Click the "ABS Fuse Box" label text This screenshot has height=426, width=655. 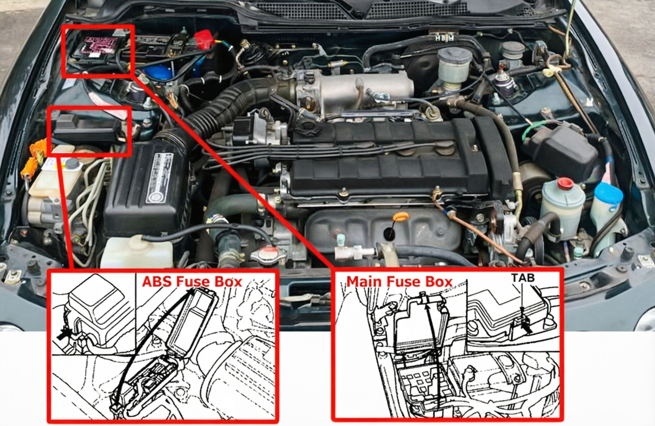(x=191, y=282)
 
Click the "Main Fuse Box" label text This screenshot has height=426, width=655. (x=399, y=282)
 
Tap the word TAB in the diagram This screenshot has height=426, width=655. (x=522, y=278)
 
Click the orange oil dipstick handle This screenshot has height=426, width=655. (x=401, y=217)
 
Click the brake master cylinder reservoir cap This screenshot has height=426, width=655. (x=454, y=55)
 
